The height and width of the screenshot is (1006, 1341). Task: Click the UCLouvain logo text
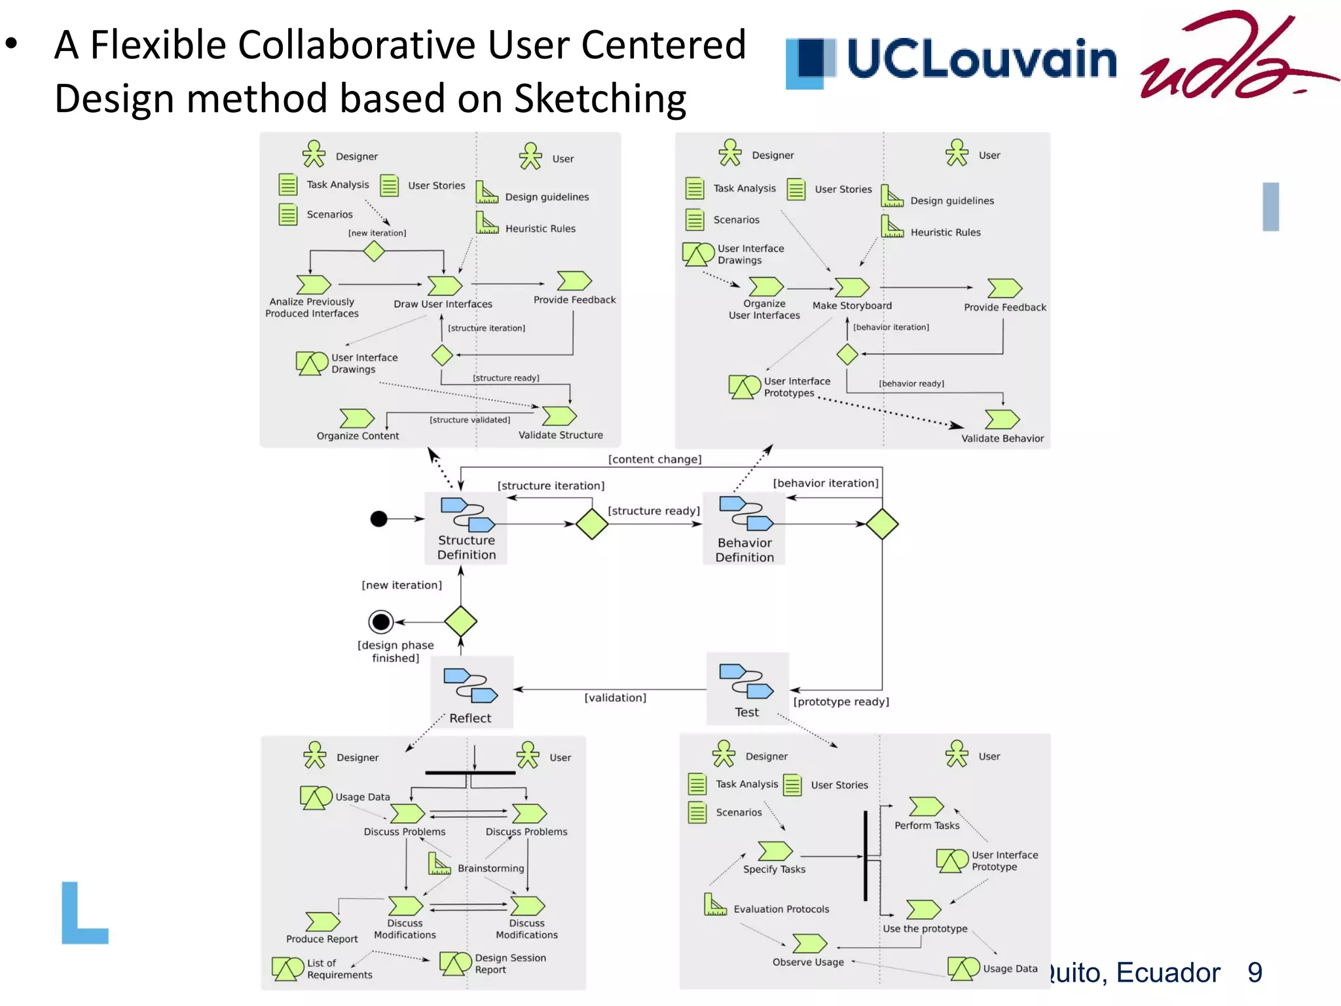(981, 59)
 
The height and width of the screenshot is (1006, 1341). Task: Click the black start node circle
(379, 519)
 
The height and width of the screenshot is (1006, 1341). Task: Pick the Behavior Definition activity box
(744, 529)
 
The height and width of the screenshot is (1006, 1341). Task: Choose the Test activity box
(747, 689)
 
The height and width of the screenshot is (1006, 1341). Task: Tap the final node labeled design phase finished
(381, 621)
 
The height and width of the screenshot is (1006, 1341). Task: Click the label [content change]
(654, 459)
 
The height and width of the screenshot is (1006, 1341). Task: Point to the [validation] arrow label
(615, 698)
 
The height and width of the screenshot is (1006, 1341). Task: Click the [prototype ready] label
(841, 701)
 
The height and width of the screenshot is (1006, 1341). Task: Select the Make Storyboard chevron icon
(852, 287)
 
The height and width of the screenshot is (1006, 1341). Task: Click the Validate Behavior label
(1002, 438)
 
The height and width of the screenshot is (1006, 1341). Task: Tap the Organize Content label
(358, 436)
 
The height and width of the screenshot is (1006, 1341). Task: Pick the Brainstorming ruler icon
(439, 864)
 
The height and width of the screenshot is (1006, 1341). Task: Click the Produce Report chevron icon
(322, 922)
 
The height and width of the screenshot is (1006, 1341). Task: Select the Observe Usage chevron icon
(809, 944)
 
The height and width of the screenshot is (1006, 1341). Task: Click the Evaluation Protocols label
(781, 909)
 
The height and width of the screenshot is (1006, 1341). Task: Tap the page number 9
(1255, 973)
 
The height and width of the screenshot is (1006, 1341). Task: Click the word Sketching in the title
(600, 98)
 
